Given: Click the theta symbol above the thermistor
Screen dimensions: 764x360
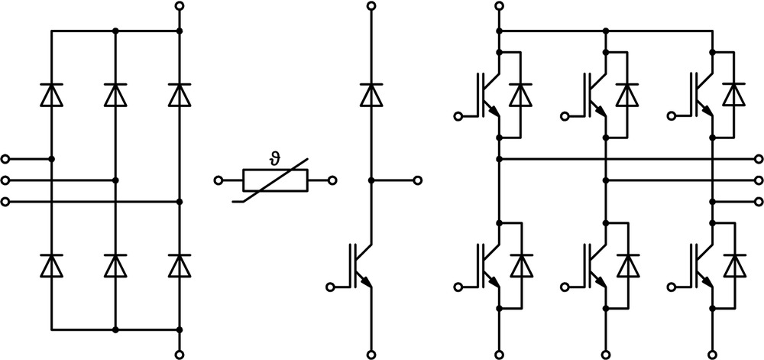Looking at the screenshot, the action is click(274, 159).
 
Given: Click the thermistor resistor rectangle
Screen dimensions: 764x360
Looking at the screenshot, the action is click(275, 180).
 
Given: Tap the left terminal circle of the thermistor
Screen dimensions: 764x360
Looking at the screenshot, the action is click(219, 180).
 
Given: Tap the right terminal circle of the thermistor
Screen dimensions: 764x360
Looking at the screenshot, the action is click(332, 180).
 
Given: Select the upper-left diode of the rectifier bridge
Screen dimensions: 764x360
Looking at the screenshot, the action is click(52, 95).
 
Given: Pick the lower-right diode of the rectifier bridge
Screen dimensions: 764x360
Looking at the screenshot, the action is click(180, 265).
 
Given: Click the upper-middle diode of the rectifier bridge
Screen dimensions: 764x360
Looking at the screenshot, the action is click(115, 95).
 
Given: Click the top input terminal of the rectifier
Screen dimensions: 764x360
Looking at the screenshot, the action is click(5, 159).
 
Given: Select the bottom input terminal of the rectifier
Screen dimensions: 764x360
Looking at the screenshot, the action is click(5, 202).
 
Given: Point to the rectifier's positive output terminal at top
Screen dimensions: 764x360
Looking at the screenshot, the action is click(180, 6).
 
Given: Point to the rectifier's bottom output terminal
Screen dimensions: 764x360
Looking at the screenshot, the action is click(180, 355).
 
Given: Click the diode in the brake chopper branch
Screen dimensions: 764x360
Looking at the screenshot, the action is click(371, 95).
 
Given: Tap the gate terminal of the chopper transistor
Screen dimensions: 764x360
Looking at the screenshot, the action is click(330, 287).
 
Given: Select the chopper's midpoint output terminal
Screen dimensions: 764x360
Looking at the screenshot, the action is click(418, 180).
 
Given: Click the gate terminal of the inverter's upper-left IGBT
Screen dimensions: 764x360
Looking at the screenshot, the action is click(458, 116).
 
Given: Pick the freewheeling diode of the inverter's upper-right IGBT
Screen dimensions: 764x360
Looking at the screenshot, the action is click(734, 95).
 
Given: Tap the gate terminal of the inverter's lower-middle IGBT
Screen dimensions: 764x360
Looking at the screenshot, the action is click(565, 287).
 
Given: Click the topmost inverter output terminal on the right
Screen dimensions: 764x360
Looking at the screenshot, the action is click(758, 159).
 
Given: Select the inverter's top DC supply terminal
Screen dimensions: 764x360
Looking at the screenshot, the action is click(498, 6).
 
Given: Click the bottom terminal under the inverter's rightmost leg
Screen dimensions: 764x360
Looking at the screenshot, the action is click(713, 355).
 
